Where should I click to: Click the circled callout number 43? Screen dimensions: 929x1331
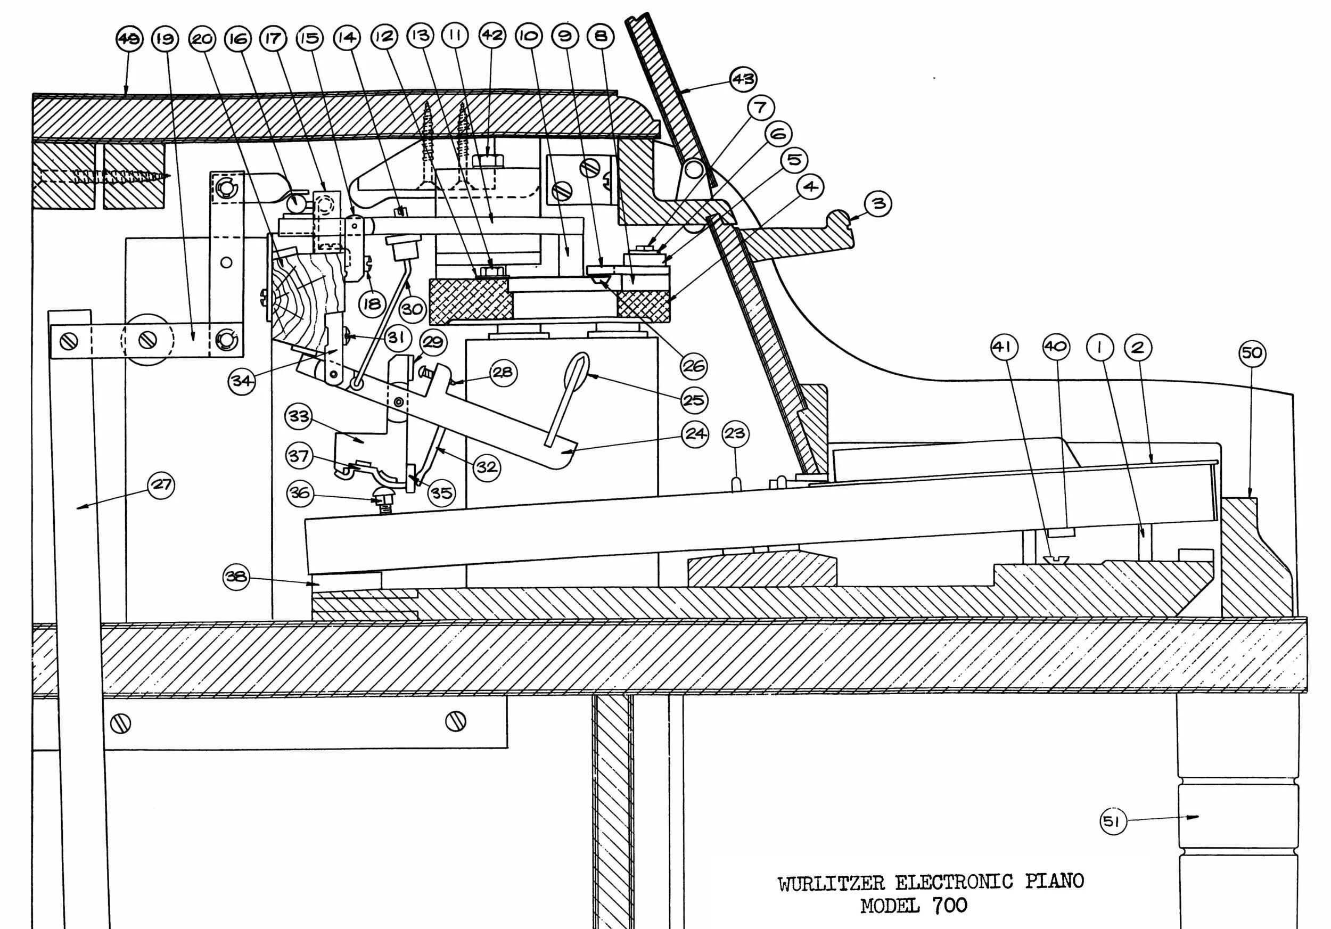pos(743,79)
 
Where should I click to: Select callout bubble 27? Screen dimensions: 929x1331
pos(161,484)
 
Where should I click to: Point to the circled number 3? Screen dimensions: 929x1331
pos(878,203)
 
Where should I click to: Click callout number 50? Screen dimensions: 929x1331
pos(1252,353)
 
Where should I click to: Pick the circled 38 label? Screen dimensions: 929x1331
pos(236,577)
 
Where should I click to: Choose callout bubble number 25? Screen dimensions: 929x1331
pos(694,400)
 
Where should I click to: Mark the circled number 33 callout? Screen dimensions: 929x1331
pos(299,417)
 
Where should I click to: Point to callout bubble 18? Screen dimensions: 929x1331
pos(372,303)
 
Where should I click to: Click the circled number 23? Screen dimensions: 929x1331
pos(736,433)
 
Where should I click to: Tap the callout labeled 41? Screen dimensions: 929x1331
pos(1005,347)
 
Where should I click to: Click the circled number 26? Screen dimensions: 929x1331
pos(693,366)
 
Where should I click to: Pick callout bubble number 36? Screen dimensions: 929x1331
pos(300,493)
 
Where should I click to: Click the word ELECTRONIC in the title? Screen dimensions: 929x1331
pos(954,882)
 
